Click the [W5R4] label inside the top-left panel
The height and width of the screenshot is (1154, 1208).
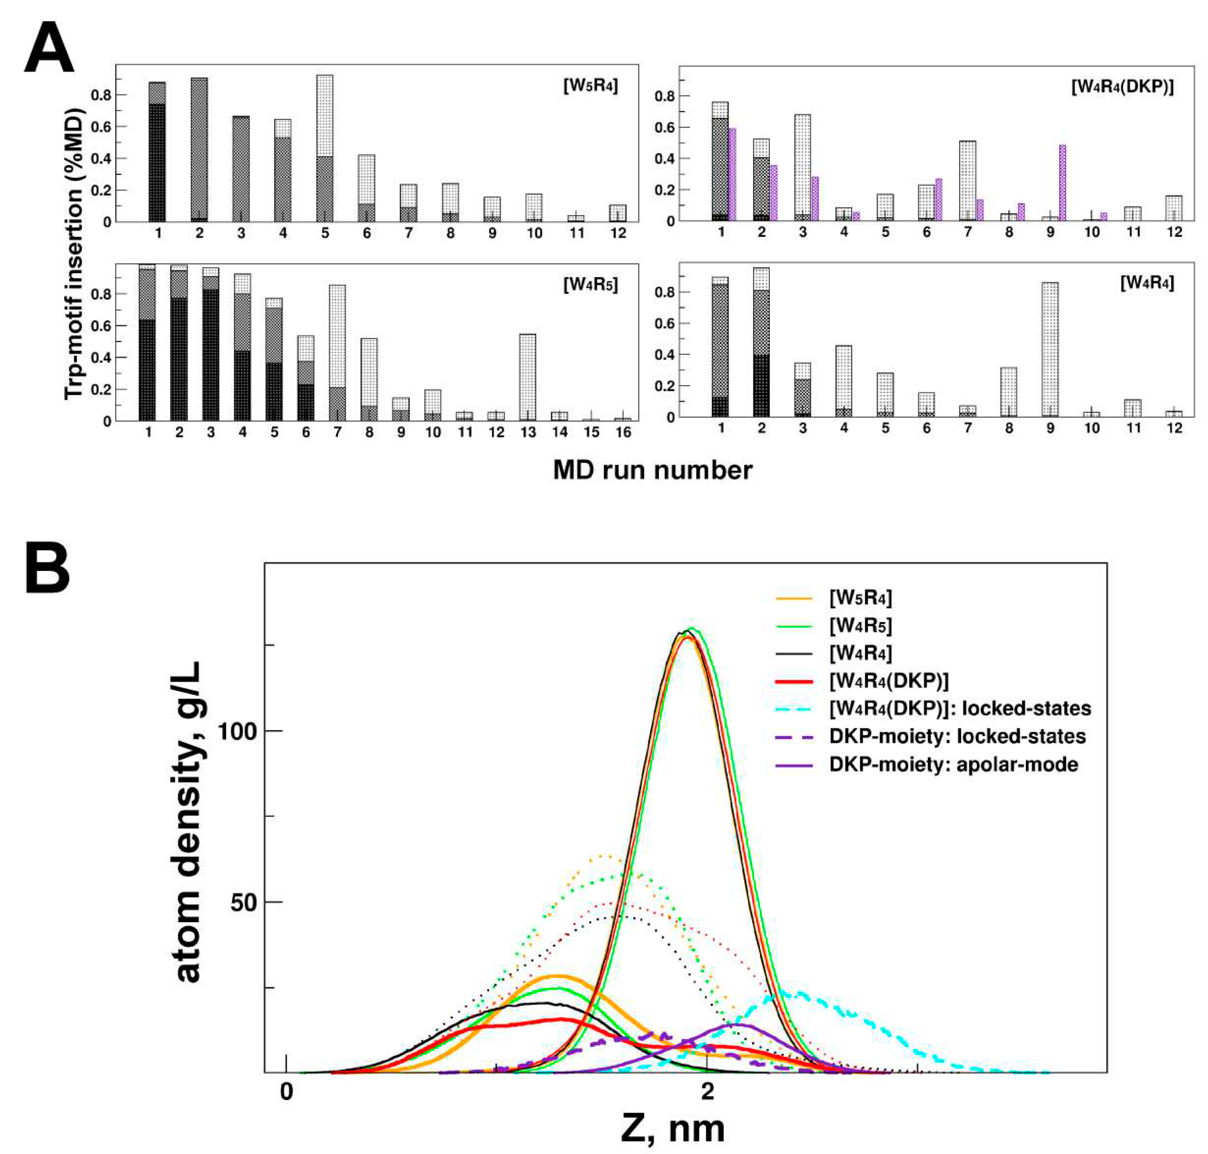[x=590, y=86]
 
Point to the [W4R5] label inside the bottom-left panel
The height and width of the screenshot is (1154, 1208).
[x=590, y=285]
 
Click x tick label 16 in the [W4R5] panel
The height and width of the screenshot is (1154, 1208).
[x=623, y=432]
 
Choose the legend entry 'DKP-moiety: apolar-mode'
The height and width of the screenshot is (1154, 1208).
[x=953, y=765]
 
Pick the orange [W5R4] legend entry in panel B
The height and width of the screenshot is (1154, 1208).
[x=860, y=597]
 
